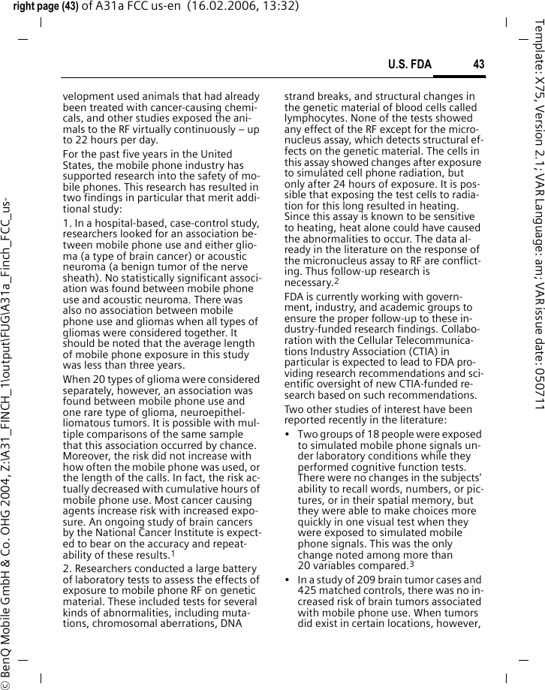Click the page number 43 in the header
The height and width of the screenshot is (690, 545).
tap(478, 65)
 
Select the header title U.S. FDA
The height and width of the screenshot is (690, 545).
tap(409, 65)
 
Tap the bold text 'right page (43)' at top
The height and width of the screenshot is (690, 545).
tap(44, 8)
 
